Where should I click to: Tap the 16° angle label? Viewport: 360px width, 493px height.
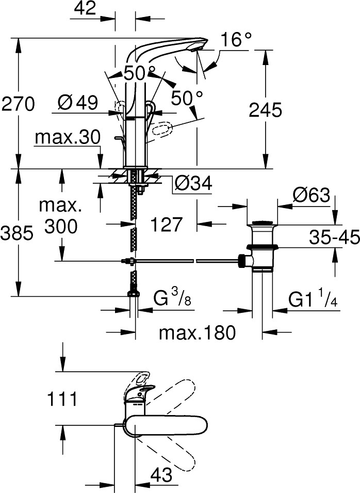pos(236,39)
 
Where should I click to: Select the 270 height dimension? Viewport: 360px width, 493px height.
pos(18,104)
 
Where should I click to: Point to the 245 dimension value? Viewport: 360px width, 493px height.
pos(266,109)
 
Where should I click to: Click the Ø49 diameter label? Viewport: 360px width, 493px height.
pos(77,103)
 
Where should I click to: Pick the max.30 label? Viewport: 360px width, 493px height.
pos(67,138)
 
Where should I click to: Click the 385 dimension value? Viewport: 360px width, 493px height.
pos(17,234)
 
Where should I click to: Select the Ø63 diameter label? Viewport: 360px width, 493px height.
pos(311,195)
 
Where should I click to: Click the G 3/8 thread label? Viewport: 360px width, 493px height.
pos(173,298)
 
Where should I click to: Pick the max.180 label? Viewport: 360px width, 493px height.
pos(197,333)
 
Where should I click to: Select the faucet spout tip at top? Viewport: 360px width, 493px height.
pos(199,47)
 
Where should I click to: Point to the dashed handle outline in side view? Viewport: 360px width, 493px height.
pos(163,130)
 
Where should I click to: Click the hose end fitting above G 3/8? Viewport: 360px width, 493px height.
pos(134,293)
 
